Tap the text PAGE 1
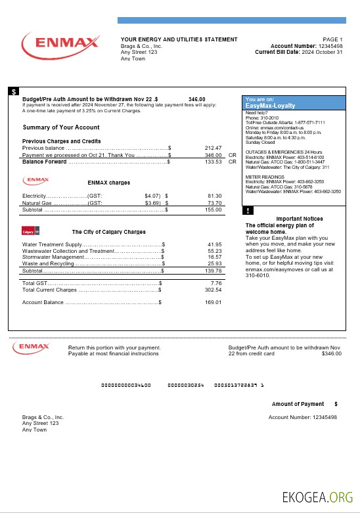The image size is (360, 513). click(x=332, y=40)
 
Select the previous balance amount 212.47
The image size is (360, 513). click(x=213, y=148)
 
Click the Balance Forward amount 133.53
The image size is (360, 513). click(x=213, y=162)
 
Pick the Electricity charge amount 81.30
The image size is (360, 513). click(x=214, y=196)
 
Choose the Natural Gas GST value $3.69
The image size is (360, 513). click(x=152, y=203)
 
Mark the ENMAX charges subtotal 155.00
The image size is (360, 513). click(x=213, y=210)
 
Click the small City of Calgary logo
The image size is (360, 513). click(x=31, y=232)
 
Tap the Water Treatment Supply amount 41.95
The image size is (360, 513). click(x=214, y=244)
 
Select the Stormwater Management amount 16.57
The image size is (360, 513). click(x=214, y=257)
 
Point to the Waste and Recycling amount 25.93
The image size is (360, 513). click(x=214, y=263)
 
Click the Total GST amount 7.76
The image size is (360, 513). click(x=216, y=283)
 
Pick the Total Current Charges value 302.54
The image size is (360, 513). click(x=213, y=290)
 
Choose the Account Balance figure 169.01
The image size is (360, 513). click(x=213, y=302)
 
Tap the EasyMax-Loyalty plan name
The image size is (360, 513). click(x=270, y=105)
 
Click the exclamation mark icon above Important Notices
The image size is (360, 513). click(x=248, y=211)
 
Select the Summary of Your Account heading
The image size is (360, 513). click(x=61, y=127)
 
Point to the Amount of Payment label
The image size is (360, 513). click(x=298, y=404)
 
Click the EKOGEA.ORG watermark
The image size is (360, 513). click(x=317, y=497)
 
